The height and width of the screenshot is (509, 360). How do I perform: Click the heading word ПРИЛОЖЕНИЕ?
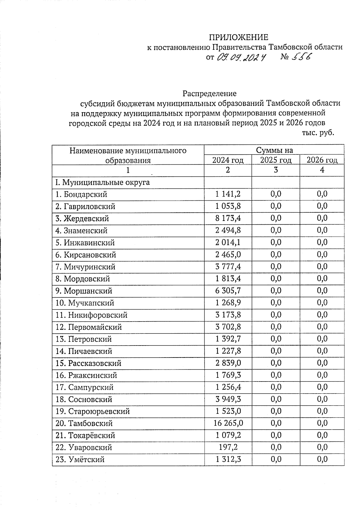tap(238, 37)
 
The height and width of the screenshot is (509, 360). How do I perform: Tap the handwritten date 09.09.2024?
tap(241, 57)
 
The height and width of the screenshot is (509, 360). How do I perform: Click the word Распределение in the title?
tap(210, 94)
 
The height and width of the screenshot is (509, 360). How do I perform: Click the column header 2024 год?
tap(228, 160)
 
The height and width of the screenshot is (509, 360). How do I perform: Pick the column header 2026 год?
tap(322, 160)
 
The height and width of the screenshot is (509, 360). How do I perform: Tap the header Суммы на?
tap(274, 150)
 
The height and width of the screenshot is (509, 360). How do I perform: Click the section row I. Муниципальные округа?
tap(103, 182)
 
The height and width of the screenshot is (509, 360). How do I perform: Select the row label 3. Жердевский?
tap(82, 219)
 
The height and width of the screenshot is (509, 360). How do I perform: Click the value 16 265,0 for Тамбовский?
tap(228, 423)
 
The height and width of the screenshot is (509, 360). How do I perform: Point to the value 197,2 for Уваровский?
tap(228, 447)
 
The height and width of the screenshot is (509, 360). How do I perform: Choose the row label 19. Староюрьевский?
tap(93, 411)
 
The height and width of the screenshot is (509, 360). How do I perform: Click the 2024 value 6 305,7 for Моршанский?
tap(228, 291)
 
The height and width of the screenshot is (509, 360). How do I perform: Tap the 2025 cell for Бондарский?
tap(276, 194)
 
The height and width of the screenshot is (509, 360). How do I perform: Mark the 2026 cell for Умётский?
tap(322, 459)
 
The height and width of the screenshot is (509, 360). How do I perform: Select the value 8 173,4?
tap(228, 218)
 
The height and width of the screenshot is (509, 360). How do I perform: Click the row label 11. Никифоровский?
tap(91, 315)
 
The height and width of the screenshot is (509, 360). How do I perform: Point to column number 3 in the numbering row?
tap(276, 170)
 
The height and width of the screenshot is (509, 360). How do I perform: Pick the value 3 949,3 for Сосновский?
tap(228, 399)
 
